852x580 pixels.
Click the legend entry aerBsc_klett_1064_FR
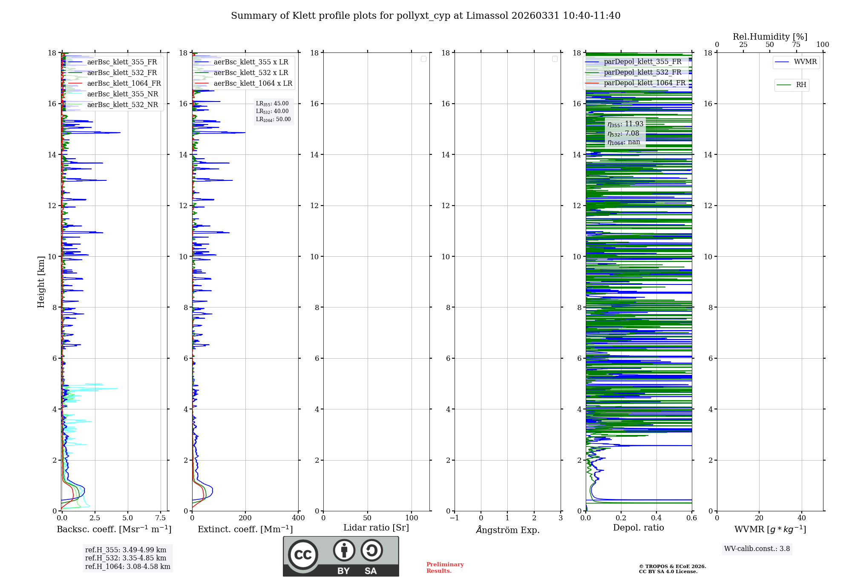(x=124, y=84)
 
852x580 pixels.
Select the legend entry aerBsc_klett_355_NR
(x=122, y=94)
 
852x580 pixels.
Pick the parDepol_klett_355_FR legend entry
(x=642, y=62)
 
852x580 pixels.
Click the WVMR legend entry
(x=805, y=62)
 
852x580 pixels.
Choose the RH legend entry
(x=801, y=85)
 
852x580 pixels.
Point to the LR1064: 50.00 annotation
(x=273, y=119)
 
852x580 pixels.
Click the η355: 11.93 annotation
(x=625, y=124)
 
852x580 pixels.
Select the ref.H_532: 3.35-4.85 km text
(x=126, y=558)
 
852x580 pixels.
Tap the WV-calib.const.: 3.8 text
(x=757, y=549)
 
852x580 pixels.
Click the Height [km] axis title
(x=41, y=282)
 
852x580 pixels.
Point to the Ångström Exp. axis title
(x=508, y=530)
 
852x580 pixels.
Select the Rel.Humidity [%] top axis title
(x=770, y=37)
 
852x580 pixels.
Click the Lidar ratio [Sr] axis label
(x=376, y=528)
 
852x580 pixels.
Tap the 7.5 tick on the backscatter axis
(x=161, y=518)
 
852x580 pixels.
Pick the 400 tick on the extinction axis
(x=298, y=518)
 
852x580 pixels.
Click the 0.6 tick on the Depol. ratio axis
(x=691, y=518)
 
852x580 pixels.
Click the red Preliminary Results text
(x=445, y=568)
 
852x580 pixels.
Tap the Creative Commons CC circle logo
(x=303, y=555)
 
